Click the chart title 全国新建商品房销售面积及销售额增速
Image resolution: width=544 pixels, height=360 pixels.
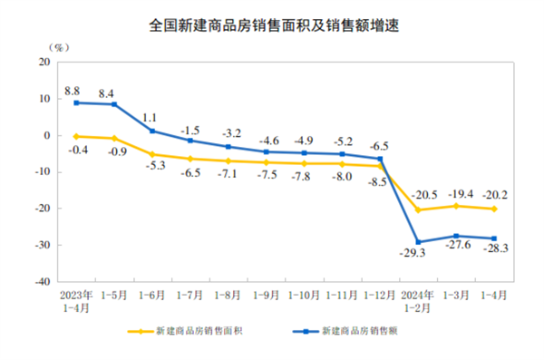click(272, 25)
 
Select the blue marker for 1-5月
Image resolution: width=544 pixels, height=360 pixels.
click(113, 104)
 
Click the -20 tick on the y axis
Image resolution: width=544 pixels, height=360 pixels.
click(40, 209)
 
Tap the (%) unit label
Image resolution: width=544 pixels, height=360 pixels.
click(53, 45)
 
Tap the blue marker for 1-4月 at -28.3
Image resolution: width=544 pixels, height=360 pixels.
click(493, 238)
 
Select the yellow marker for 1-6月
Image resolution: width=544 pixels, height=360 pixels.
click(151, 154)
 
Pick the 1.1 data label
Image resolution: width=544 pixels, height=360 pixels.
click(152, 117)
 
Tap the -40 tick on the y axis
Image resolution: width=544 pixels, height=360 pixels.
click(40, 282)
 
